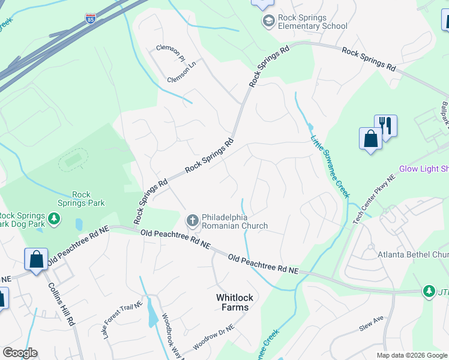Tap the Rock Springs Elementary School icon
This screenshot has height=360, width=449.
coord(268,22)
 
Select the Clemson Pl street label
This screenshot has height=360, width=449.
coord(170,50)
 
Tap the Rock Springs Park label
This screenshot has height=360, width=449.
coord(88,199)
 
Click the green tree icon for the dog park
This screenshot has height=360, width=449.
coord(54,219)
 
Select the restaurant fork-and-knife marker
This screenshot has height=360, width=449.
coord(385,127)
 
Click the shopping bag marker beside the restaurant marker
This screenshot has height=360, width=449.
coord(370,139)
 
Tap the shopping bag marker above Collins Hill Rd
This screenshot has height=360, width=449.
coord(37,260)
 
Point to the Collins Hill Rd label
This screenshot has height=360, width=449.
coord(62,304)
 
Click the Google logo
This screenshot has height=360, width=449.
coord(20,353)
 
